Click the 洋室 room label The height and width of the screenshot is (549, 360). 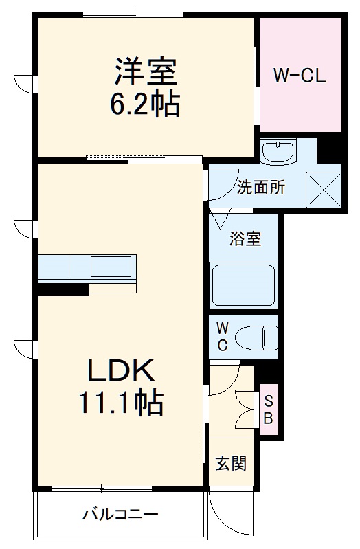point(146,71)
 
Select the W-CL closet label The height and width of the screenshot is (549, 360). point(300,76)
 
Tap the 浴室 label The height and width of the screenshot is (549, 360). point(245,240)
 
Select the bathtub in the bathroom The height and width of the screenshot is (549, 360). point(244,284)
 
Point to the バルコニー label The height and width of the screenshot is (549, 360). point(121,514)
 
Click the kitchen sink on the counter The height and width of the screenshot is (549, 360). point(113,265)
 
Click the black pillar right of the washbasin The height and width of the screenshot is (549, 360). point(329,150)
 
